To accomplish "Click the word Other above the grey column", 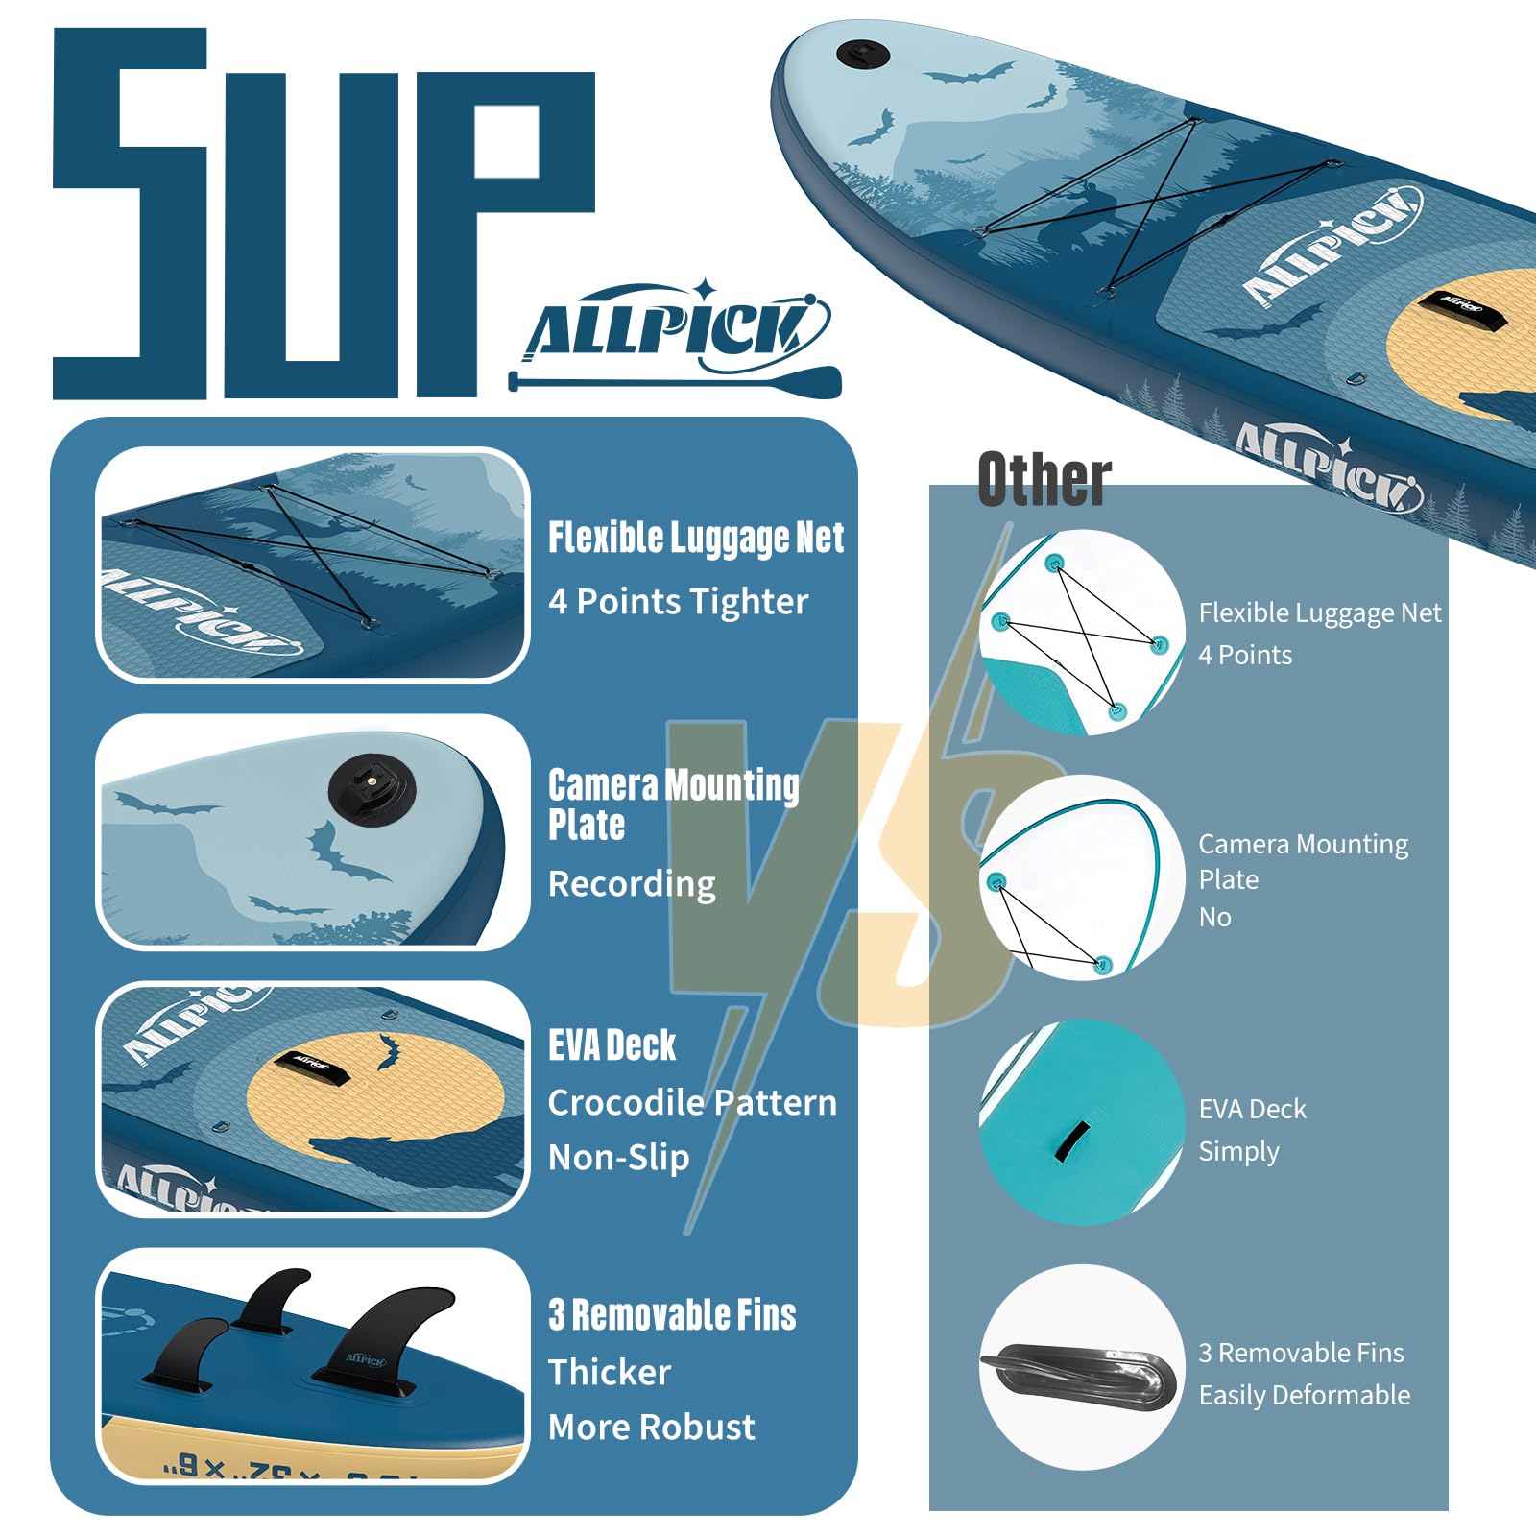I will [1044, 479].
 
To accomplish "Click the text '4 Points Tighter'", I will [678, 602].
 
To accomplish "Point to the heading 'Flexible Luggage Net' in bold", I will [696, 539].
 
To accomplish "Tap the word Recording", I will [632, 884].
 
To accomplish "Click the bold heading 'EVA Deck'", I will [612, 1045].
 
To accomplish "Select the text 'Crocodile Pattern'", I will [692, 1103].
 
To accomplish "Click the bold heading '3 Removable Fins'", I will [672, 1315].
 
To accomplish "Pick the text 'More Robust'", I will [651, 1428].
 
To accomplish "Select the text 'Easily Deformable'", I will [1305, 1395].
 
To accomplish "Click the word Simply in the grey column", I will [1238, 1151].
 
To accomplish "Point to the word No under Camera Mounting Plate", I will [1214, 918].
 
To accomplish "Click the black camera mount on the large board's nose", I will [863, 54].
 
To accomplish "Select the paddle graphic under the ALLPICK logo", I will [674, 381].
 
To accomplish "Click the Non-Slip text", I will [618, 1158].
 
